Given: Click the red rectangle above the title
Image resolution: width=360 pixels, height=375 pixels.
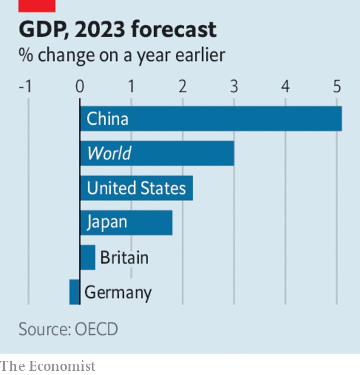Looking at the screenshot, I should pos(37,6).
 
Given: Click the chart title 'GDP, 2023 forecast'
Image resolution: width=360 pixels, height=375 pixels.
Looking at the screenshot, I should pos(117,29).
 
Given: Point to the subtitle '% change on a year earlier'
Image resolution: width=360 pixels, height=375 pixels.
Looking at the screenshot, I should pos(121,55).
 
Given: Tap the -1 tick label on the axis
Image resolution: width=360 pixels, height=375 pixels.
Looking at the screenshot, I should pos(25,86).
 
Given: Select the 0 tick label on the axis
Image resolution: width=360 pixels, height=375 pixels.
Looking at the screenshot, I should pos(80,86).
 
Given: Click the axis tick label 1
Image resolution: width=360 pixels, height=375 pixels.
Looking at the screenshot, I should pos(131,86).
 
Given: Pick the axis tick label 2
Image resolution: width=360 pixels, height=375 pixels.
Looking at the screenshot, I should pos(182,86).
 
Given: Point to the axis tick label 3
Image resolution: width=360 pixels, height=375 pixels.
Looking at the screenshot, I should pos(234,86).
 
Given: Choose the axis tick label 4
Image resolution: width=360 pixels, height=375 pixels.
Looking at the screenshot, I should pos(285,86).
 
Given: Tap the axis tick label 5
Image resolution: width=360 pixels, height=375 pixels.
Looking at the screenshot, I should pos(337,86).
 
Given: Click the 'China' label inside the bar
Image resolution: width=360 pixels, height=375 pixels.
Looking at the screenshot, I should pos(107,119).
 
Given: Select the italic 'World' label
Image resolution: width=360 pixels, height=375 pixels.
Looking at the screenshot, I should pos(109,154).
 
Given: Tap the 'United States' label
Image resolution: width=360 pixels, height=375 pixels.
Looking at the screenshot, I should pos(136,188).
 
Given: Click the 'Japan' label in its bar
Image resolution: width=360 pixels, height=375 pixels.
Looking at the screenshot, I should pos(107,222).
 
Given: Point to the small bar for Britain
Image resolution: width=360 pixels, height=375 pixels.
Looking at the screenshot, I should pos(88,257).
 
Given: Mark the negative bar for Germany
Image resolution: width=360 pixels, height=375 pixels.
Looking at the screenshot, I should pos(75,292).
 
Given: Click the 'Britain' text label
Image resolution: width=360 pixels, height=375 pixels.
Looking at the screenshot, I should pos(124,257).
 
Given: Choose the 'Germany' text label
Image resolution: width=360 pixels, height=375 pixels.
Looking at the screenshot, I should pos(118,292).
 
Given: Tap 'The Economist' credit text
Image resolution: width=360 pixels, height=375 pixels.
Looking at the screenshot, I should pos(48,366).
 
